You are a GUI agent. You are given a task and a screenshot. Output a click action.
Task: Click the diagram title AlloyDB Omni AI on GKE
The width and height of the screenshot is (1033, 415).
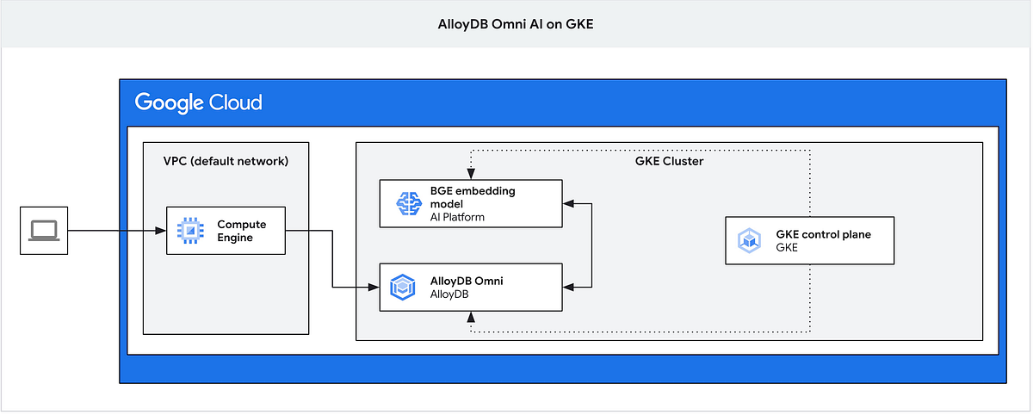(x=516, y=24)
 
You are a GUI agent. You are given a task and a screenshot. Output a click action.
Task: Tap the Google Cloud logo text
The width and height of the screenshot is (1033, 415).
(x=198, y=103)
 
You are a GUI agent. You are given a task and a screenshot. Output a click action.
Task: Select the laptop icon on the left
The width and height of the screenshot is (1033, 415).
(x=43, y=231)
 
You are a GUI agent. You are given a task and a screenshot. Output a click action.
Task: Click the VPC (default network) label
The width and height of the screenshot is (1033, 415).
(x=226, y=161)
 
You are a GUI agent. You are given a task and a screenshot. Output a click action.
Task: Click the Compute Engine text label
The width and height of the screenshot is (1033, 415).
(x=241, y=231)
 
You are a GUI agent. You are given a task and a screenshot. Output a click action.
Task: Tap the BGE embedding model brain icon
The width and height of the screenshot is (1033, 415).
(x=405, y=203)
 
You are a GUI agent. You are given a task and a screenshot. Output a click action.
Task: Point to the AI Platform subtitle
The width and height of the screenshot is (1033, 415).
(x=457, y=217)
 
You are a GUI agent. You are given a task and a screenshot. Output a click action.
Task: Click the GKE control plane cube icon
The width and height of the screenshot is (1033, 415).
(x=749, y=240)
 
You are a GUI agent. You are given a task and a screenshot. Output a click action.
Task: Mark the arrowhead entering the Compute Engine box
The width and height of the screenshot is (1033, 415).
(x=160, y=231)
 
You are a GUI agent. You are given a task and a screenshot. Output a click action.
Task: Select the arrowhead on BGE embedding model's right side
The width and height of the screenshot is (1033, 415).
(x=567, y=203)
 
